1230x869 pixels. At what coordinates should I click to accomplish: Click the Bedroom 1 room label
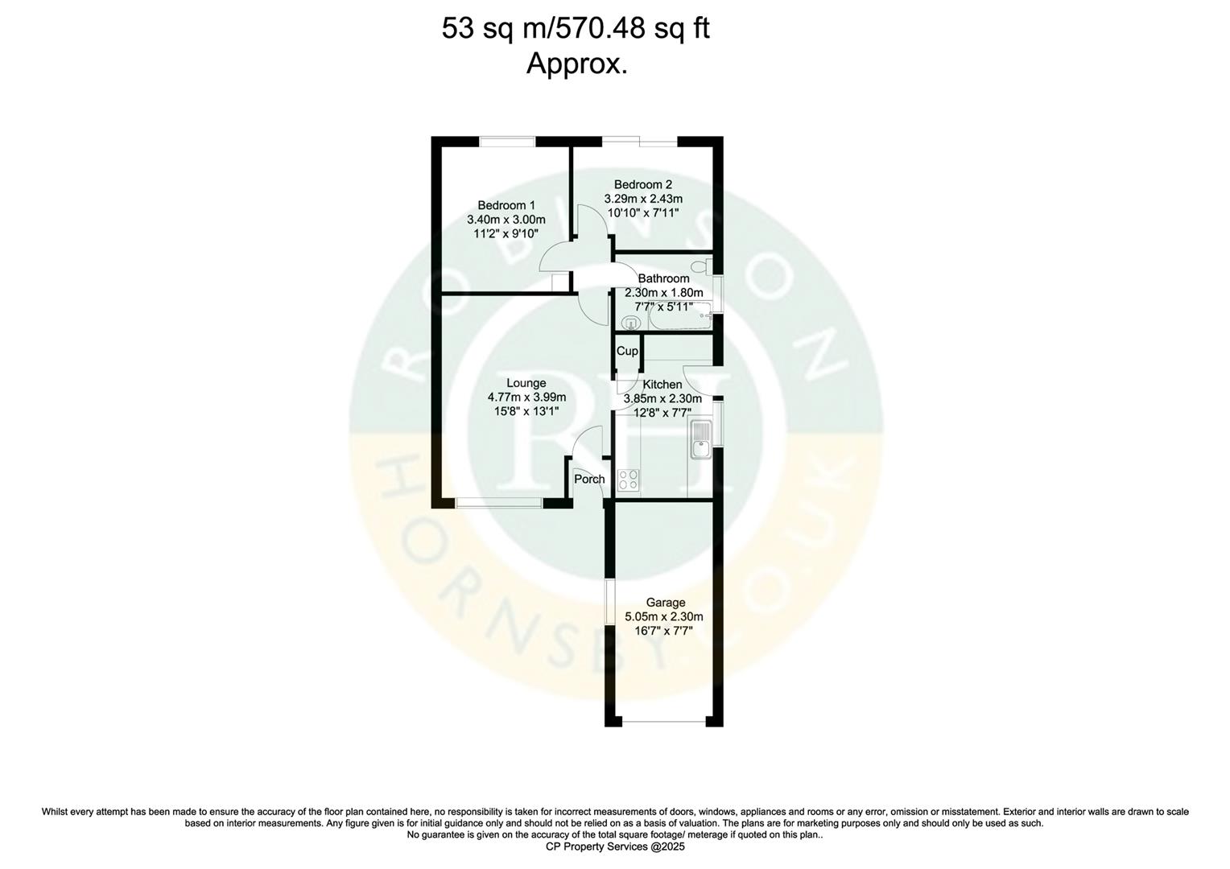[x=506, y=205]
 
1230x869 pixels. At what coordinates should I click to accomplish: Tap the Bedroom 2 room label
[x=642, y=184]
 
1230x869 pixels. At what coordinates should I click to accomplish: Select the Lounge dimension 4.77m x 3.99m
[x=526, y=397]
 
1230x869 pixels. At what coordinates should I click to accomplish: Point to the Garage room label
[x=666, y=603]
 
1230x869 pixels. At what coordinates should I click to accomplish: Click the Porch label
[x=588, y=480]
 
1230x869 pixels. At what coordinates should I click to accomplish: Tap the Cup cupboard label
[x=626, y=352]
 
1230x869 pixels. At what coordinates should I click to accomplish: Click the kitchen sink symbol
[x=700, y=439]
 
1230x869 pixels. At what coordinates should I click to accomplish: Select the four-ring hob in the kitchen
[x=628, y=480]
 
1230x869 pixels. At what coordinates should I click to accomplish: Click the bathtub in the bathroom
[x=680, y=321]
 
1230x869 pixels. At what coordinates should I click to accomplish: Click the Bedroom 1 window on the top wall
[x=507, y=141]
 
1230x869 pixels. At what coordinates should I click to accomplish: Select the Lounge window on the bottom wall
[x=498, y=504]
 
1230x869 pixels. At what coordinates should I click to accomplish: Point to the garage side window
[x=609, y=600]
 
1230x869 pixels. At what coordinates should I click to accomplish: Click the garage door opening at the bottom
[x=665, y=722]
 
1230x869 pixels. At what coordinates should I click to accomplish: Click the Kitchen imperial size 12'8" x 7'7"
[x=663, y=411]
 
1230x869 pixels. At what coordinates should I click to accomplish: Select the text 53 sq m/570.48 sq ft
[x=576, y=29]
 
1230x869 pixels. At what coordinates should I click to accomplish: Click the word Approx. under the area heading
[x=576, y=64]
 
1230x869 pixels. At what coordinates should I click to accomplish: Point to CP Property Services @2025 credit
[x=614, y=846]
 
